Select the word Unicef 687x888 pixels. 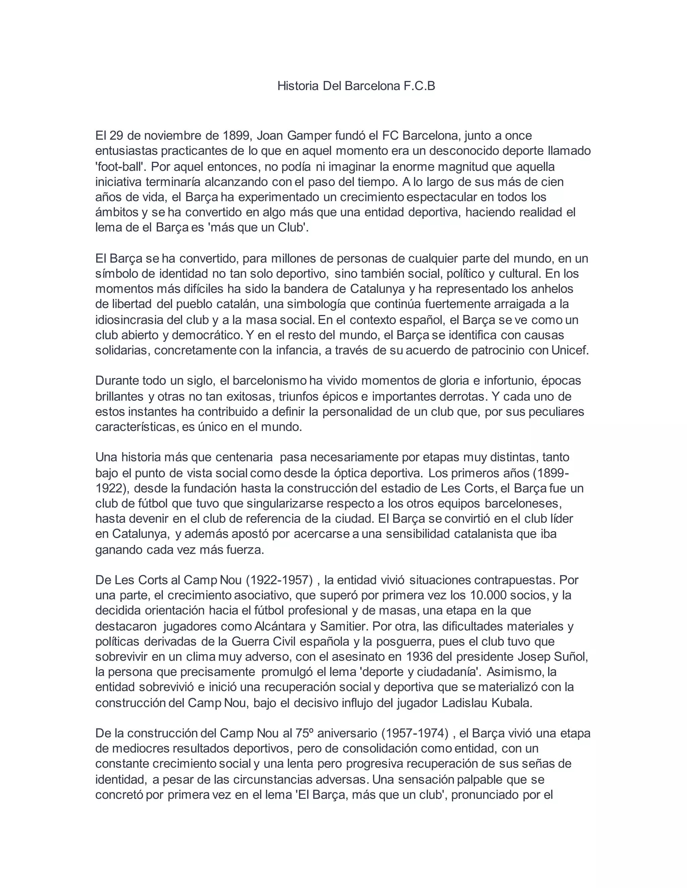(x=570, y=350)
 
